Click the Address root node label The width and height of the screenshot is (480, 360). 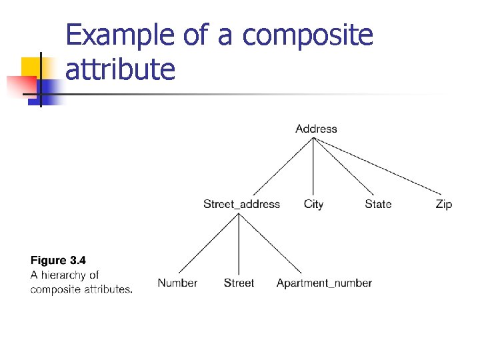(x=316, y=129)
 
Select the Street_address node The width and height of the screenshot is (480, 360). (x=241, y=204)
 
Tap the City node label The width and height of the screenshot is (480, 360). (x=313, y=204)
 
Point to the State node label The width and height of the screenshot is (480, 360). (x=378, y=204)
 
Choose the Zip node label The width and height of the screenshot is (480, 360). (x=443, y=204)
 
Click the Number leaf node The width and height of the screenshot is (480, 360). (x=177, y=283)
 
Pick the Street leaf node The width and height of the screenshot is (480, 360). (x=239, y=283)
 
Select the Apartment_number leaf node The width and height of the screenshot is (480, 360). (x=324, y=283)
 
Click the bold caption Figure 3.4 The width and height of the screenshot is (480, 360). (x=59, y=261)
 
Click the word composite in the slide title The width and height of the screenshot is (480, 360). (x=307, y=35)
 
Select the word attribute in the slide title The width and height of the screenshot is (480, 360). (x=120, y=69)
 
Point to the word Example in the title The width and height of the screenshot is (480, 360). (x=121, y=35)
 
